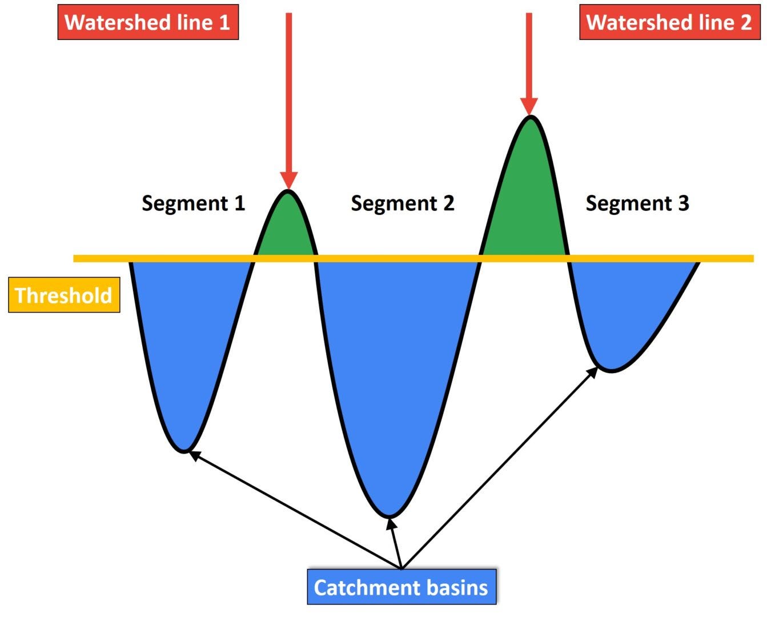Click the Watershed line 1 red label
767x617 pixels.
tap(148, 22)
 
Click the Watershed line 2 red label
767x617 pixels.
tap(669, 22)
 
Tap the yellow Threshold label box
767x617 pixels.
tap(64, 295)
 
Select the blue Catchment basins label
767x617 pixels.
tap(401, 587)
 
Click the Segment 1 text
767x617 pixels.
tap(193, 203)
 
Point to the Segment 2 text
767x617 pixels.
tap(403, 203)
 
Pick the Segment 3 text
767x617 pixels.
tap(637, 203)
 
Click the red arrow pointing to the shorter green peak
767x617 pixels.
tap(289, 97)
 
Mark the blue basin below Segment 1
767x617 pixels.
tap(186, 343)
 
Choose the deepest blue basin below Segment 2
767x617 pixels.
tap(394, 371)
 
